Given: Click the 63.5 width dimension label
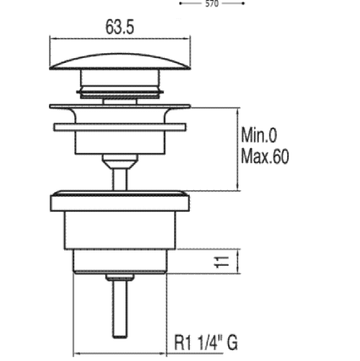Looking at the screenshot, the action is (120, 27).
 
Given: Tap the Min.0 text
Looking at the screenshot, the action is (259, 135).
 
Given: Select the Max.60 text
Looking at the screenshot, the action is (265, 157).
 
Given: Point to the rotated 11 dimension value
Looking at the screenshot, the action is (221, 261).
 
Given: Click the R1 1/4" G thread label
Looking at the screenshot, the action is (206, 342).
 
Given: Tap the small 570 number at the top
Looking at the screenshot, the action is (212, 4).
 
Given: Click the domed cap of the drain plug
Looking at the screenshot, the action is (120, 61).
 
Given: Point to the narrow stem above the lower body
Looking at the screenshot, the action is (120, 180).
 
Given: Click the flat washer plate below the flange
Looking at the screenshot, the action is (120, 127).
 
